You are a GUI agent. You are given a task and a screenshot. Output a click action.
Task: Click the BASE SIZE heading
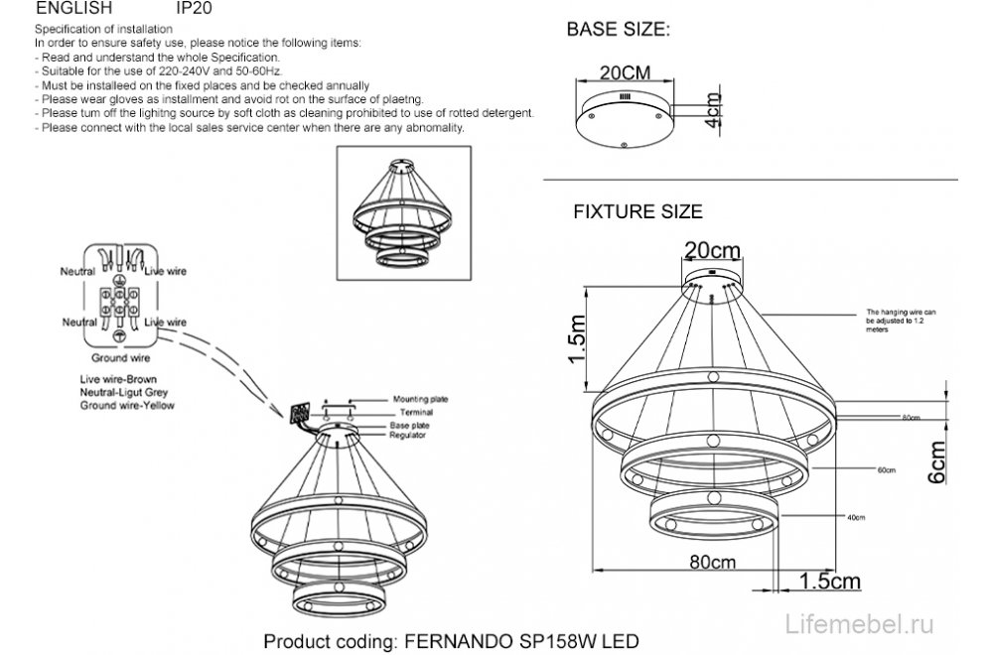(x=618, y=30)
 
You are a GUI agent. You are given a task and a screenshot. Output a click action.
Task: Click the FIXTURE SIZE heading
(x=637, y=211)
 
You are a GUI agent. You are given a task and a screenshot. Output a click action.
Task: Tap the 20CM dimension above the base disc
(x=624, y=73)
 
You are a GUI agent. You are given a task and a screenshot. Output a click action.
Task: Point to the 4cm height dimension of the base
(x=712, y=112)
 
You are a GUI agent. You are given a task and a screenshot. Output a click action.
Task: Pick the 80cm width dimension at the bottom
(x=709, y=561)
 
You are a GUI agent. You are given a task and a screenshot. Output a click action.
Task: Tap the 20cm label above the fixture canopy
(x=712, y=246)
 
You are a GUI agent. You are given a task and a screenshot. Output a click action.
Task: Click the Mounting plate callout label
(x=420, y=398)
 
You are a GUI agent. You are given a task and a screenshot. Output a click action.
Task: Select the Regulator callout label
(x=408, y=435)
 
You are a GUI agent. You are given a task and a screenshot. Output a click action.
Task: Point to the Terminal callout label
(x=409, y=411)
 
